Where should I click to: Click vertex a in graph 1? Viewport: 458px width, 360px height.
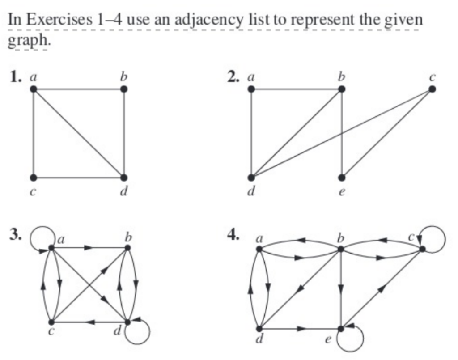(x=34, y=89)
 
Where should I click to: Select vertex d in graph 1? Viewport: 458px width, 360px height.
(x=123, y=178)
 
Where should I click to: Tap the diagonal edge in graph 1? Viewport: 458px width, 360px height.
(x=79, y=133)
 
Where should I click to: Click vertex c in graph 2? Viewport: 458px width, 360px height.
(x=431, y=89)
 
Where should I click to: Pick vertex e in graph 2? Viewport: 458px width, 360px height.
(x=341, y=178)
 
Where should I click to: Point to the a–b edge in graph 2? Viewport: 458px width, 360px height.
(x=296, y=89)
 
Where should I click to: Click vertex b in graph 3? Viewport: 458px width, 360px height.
(x=128, y=247)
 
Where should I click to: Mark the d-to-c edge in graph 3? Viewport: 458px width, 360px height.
(x=89, y=322)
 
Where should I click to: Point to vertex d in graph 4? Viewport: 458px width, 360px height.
(x=259, y=329)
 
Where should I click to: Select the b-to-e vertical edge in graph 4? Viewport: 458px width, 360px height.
(x=341, y=288)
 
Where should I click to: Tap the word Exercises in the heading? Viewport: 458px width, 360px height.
(x=67, y=20)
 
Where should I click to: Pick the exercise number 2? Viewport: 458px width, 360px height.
(x=232, y=77)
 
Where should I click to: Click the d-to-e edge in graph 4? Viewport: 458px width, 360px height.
(x=300, y=329)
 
